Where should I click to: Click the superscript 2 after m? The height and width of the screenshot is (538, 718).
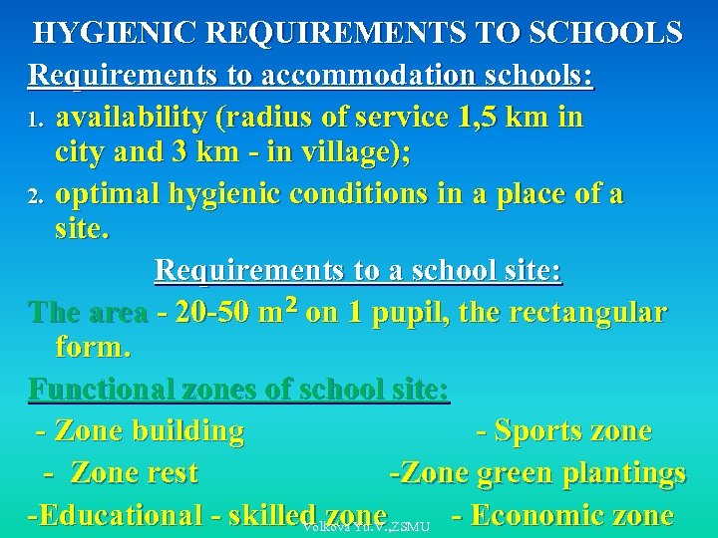click(290, 303)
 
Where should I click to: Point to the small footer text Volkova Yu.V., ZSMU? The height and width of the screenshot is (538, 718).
click(365, 526)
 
